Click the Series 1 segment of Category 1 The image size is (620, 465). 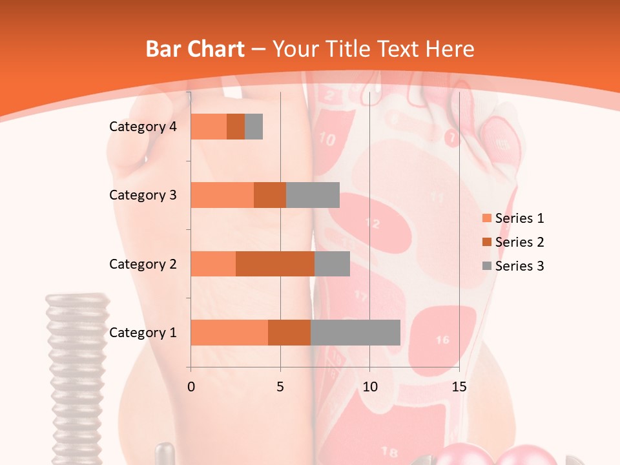pos(229,333)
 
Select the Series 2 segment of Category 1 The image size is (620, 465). pos(289,333)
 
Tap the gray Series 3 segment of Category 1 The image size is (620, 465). pos(355,333)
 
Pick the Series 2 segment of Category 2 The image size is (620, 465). pos(275,263)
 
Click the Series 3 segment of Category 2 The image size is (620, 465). pos(332,263)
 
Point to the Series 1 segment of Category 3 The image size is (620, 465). pos(222,195)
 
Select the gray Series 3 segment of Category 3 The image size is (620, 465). pos(313,195)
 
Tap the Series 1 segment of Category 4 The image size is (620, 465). pos(209,127)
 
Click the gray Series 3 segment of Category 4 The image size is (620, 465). pos(254,127)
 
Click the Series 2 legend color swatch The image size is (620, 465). pos(487,242)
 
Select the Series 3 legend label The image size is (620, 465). pos(519,266)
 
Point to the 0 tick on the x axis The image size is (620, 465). pos(191,387)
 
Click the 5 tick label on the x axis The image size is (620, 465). pos(280,387)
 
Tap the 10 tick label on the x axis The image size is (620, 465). pos(369,387)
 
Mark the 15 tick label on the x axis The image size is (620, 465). pos(459,387)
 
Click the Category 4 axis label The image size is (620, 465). pos(143,127)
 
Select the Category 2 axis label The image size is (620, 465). pos(143,263)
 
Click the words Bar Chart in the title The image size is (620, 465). pos(195,49)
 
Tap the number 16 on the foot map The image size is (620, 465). pos(442,340)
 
